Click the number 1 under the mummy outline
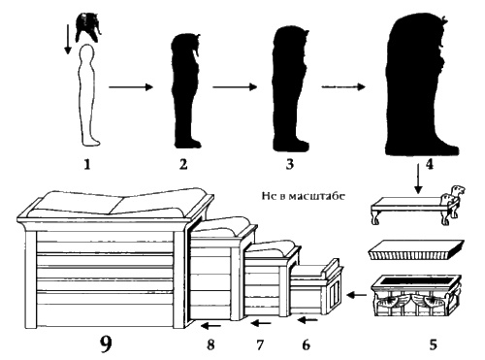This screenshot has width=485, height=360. [87, 165]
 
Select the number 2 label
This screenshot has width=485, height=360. [183, 165]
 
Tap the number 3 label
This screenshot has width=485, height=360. [289, 164]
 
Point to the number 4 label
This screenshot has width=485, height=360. [430, 165]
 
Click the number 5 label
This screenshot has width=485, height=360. [433, 344]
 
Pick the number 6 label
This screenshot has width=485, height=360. [306, 344]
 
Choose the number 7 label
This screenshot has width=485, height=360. [260, 344]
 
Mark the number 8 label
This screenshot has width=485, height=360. [210, 344]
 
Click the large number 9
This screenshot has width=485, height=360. [106, 344]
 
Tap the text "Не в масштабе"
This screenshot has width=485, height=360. [304, 196]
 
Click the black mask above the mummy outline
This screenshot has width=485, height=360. [88, 27]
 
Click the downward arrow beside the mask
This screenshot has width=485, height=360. [68, 40]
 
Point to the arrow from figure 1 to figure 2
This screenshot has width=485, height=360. [131, 87]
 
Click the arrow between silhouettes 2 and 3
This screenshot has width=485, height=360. [235, 86]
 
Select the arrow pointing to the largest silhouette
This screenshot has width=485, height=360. [343, 86]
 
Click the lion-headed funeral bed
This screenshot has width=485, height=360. [418, 207]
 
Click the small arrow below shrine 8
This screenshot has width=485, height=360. [210, 325]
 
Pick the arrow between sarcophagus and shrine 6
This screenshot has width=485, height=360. [357, 295]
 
